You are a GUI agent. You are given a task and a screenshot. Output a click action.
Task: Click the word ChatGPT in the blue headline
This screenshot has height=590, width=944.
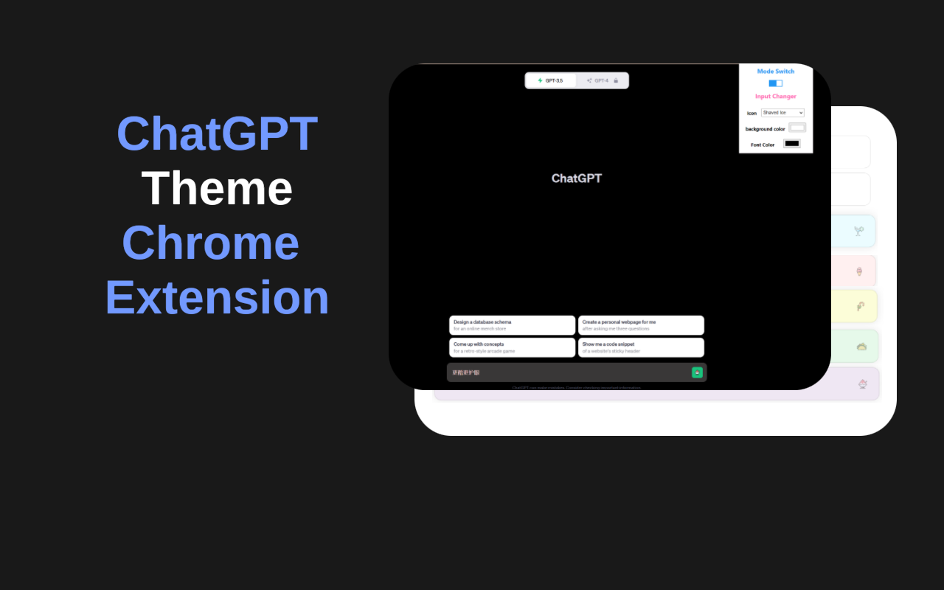(x=217, y=134)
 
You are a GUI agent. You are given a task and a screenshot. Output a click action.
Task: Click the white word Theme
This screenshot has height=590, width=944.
(x=217, y=189)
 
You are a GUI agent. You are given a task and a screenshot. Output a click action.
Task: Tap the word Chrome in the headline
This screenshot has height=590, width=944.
(x=210, y=243)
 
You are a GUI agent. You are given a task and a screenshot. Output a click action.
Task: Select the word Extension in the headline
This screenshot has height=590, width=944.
(x=217, y=297)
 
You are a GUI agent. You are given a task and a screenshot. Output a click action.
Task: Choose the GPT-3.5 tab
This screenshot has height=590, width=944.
(x=550, y=80)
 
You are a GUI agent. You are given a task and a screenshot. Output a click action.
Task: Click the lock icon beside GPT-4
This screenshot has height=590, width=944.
(x=616, y=80)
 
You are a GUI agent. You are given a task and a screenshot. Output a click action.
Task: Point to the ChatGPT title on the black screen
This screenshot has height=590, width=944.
(x=577, y=178)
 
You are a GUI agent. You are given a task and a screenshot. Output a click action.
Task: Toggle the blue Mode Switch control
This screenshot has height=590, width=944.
(x=775, y=83)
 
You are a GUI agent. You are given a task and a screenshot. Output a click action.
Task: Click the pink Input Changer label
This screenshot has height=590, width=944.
(x=775, y=97)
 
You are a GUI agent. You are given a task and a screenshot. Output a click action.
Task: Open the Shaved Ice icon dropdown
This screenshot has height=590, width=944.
(x=782, y=113)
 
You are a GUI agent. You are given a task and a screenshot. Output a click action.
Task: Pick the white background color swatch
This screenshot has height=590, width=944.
(x=797, y=128)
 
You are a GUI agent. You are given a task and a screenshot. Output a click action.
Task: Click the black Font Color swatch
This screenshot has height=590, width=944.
(x=791, y=144)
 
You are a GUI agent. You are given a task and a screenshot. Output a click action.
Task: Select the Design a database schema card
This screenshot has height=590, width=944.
(x=512, y=325)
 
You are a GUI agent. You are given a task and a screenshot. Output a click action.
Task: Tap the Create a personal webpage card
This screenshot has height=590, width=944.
(x=641, y=325)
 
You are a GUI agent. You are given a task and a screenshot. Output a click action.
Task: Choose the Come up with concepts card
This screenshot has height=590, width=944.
(x=512, y=347)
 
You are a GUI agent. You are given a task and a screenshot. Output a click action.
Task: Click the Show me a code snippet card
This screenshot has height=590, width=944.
(x=641, y=347)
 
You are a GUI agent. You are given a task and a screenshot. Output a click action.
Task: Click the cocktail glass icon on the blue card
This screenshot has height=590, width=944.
(x=858, y=231)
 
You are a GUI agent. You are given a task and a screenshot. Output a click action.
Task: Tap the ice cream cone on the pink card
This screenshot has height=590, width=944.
(x=859, y=271)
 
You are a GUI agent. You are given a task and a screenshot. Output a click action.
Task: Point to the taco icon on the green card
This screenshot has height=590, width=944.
(x=861, y=346)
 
